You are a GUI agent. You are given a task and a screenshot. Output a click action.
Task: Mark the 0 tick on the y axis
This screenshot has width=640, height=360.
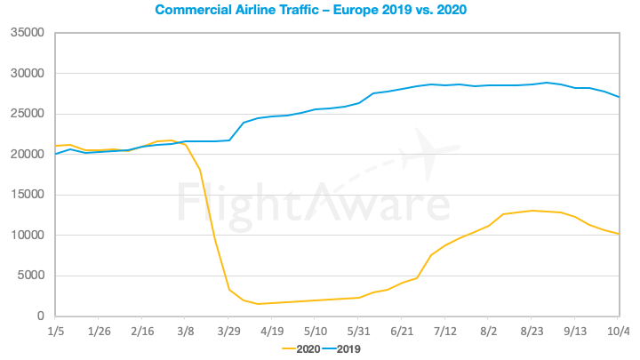coord(39,316)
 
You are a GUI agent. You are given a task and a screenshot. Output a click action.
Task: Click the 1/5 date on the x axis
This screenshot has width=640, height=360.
coord(55,332)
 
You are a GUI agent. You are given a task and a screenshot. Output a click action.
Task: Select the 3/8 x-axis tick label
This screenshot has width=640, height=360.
coord(185,332)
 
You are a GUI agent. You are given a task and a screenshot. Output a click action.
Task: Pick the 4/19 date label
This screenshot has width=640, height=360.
coord(271,332)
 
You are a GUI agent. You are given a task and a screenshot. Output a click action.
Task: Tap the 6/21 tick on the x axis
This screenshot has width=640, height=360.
coord(402,332)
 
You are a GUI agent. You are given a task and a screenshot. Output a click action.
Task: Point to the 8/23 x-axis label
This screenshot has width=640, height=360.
coord(532,332)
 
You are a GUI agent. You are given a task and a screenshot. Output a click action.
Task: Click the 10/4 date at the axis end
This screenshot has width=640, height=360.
coord(620,332)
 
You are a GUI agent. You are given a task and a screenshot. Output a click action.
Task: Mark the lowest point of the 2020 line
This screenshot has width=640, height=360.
coord(259,304)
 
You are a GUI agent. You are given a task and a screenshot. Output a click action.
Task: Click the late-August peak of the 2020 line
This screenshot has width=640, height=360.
coord(532,211)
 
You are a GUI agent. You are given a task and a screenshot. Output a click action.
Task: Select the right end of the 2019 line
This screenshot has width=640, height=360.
coord(619,97)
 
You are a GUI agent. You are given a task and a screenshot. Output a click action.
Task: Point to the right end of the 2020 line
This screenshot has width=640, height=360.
coord(619,234)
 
